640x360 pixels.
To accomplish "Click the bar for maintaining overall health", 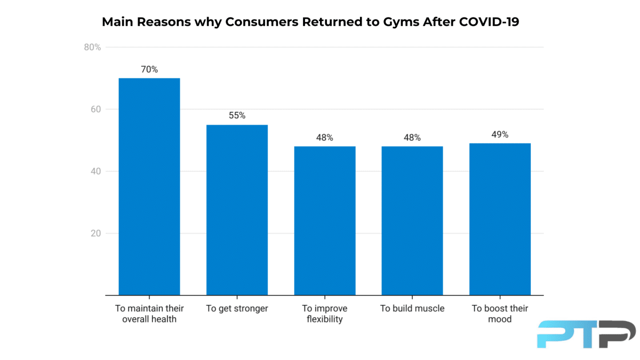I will click(149, 187).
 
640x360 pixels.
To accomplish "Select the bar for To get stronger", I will click(237, 210).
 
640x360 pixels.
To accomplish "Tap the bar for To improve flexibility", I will click(324, 221).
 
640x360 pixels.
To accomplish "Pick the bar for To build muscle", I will click(412, 221).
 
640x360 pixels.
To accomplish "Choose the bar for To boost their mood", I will click(500, 219).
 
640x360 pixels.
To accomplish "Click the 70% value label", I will click(149, 69).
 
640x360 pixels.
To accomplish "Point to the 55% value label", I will click(237, 116).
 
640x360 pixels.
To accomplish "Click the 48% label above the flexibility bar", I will click(324, 138).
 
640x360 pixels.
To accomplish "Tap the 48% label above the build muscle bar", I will click(412, 138).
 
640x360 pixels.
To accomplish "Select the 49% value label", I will click(500, 134).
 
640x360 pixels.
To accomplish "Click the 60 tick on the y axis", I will click(95, 109).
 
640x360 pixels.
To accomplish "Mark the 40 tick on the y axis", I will click(95, 171).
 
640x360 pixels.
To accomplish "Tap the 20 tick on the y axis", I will click(95, 233).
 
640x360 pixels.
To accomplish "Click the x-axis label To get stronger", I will click(237, 309).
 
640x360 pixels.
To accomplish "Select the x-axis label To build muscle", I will click(412, 309).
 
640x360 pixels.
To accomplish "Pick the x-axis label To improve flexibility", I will click(324, 314).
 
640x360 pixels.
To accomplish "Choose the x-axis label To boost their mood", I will click(500, 314).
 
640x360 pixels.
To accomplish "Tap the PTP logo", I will click(586, 334).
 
